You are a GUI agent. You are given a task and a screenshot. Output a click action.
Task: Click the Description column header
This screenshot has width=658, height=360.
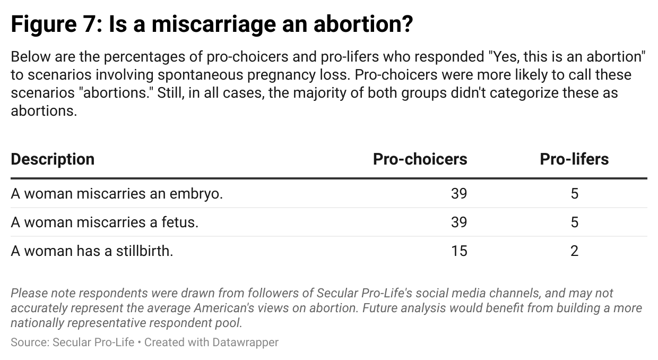[53, 159]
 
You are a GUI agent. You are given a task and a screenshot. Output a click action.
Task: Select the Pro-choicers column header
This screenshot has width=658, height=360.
[420, 159]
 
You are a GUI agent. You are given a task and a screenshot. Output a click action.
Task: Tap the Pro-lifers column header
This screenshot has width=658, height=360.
[574, 159]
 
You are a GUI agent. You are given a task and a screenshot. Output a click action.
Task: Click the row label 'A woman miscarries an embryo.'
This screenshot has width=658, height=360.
[117, 194]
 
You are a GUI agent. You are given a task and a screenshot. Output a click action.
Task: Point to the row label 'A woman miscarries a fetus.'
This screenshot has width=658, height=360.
[105, 222]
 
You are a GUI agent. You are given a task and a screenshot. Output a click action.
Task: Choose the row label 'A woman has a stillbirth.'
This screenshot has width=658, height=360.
[92, 251]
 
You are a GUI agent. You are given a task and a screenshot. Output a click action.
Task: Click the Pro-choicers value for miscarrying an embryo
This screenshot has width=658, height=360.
[459, 194]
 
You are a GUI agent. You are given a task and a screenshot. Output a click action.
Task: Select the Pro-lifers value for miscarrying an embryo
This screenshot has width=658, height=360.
[574, 194]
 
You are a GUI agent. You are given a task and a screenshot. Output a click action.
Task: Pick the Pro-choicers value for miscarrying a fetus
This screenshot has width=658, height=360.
[459, 222]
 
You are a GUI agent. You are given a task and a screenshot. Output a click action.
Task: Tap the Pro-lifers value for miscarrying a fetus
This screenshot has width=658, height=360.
[574, 222]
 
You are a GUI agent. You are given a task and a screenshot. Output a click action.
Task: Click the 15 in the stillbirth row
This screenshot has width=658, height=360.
[459, 251]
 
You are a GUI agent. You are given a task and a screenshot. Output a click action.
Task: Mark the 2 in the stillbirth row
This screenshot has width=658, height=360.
[574, 251]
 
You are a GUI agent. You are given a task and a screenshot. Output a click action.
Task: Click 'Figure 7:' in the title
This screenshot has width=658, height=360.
[56, 25]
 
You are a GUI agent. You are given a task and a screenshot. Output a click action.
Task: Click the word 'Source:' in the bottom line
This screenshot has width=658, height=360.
[30, 342]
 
